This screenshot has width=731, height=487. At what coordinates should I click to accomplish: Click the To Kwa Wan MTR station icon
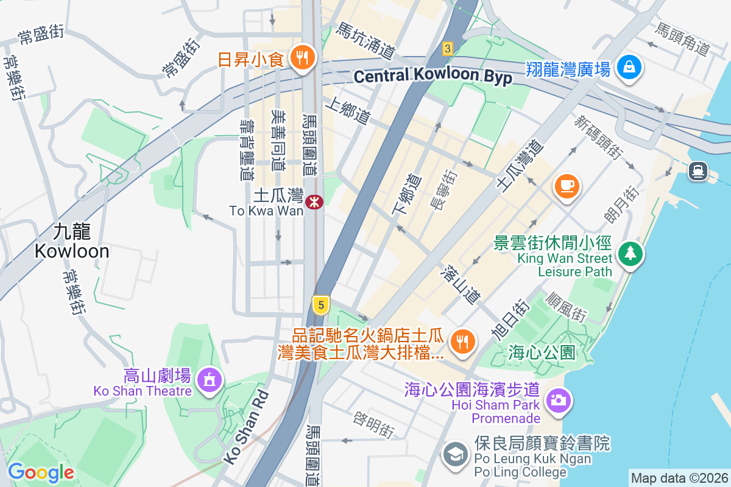coord(314,202)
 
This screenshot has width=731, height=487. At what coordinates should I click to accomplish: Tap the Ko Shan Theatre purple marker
coord(210,380)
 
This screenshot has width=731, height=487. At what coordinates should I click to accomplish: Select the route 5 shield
coord(320,304)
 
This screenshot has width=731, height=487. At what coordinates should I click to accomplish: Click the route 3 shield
coord(448,48)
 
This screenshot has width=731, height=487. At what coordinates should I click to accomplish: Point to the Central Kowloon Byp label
coord(433,77)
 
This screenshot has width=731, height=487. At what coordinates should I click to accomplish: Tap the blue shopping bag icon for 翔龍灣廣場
coord(629,66)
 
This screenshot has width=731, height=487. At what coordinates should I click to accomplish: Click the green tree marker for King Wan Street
coord(630,254)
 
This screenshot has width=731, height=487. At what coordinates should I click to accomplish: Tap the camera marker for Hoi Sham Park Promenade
coord(557,400)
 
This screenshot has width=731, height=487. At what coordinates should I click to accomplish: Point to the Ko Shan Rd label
coord(246,427)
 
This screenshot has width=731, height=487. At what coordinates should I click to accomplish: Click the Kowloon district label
coord(72,242)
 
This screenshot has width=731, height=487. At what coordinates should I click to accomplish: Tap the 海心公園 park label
coord(542,352)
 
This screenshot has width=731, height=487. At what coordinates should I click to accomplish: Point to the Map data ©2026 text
coord(679,478)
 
